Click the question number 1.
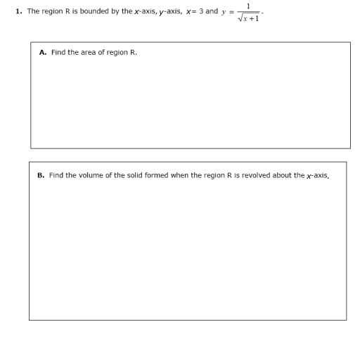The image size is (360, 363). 18,12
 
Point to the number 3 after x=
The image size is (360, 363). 201,12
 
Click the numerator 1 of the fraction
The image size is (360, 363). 250,6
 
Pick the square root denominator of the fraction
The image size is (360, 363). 250,18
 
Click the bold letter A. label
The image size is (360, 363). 43,52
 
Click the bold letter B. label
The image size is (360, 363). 41,175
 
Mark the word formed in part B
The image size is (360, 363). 155,175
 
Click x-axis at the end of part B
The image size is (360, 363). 317,175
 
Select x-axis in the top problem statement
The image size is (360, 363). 127,12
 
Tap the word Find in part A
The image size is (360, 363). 58,52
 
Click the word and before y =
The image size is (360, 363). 212,12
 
